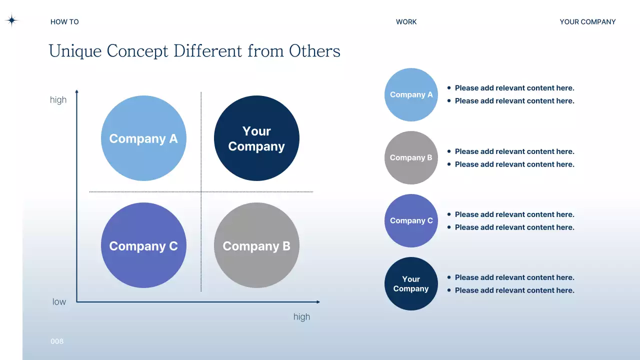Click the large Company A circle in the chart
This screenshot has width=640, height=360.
tap(143, 138)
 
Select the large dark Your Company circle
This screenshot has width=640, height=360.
tap(256, 138)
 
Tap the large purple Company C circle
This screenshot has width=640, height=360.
tap(143, 245)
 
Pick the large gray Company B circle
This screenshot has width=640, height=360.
tap(256, 245)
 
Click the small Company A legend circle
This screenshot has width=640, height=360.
tap(411, 94)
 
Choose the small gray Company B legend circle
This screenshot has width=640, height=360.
tap(411, 157)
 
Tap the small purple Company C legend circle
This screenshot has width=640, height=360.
tap(411, 220)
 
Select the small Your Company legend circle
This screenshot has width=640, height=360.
tap(411, 283)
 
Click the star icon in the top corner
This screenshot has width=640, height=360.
tap(11, 20)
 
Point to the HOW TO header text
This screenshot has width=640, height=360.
tap(64, 22)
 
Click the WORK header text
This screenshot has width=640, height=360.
tap(406, 22)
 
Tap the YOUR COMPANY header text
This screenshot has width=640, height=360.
tap(587, 22)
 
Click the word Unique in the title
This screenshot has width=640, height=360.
tap(74, 51)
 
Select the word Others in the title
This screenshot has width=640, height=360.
tap(314, 51)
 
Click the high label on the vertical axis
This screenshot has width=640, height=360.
tap(58, 100)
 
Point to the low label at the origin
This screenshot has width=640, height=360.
tap(59, 302)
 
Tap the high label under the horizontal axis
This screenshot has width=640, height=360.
tap(301, 317)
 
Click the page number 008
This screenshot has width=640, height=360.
tap(57, 341)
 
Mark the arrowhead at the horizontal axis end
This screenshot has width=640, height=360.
tap(317, 301)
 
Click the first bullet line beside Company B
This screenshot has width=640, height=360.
tap(514, 151)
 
